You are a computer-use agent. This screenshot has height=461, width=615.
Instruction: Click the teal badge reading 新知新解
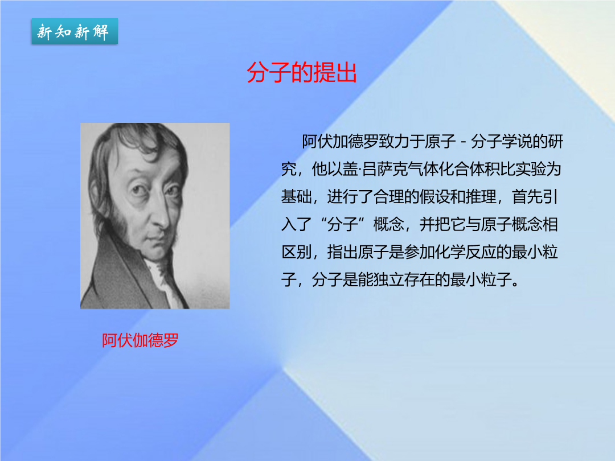pyautogui.click(x=75, y=31)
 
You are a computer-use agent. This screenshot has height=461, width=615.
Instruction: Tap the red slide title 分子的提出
pyautogui.click(x=302, y=72)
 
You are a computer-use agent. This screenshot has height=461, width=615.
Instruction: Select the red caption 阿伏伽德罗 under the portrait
pyautogui.click(x=140, y=340)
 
